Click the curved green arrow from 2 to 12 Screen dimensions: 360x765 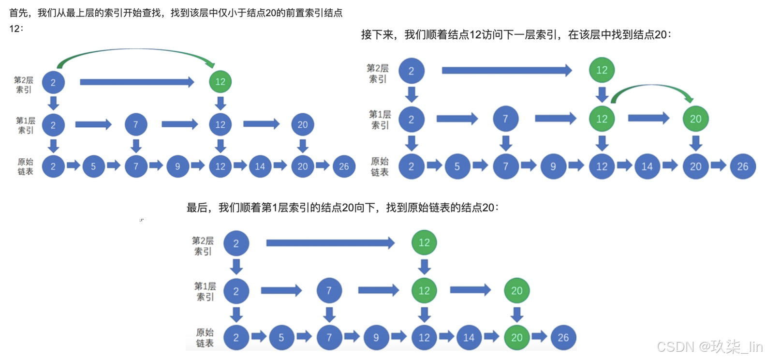(x=135, y=50)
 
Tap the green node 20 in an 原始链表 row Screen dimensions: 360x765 (x=516, y=337)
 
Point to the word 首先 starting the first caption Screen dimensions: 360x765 (x=18, y=13)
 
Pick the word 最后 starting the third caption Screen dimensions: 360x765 (x=197, y=208)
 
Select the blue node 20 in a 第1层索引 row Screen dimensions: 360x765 (x=303, y=125)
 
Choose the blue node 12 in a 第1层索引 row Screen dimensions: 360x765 (x=221, y=125)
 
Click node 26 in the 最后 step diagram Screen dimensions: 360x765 (x=563, y=337)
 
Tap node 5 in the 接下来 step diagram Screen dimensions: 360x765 (x=457, y=167)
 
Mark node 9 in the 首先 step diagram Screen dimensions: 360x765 (x=177, y=166)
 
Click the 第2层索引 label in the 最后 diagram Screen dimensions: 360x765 (x=203, y=246)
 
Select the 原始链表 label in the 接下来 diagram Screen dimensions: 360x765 (x=380, y=166)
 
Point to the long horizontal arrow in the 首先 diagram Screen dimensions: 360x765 (x=137, y=82)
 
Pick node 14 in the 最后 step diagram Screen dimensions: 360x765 (x=469, y=337)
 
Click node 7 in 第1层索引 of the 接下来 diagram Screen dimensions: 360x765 (x=505, y=119)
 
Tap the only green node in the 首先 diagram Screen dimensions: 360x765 (x=221, y=82)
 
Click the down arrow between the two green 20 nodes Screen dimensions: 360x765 (x=516, y=315)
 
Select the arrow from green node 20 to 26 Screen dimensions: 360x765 (x=539, y=336)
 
